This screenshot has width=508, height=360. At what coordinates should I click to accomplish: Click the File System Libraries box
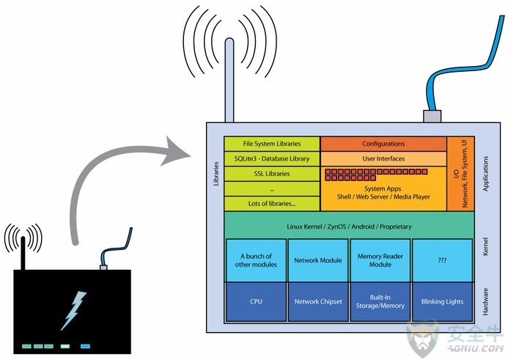tap(272, 144)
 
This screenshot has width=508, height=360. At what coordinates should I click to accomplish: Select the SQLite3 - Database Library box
tap(272, 159)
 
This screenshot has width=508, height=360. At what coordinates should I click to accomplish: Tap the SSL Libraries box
tap(272, 174)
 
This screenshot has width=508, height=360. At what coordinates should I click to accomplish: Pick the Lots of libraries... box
tap(272, 204)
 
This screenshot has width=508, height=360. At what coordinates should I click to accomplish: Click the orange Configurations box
tap(383, 144)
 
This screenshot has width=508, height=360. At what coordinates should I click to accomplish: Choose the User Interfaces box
tap(383, 159)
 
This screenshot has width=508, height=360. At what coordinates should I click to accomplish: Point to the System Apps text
tap(383, 188)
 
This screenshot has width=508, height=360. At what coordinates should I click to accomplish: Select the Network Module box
tap(318, 260)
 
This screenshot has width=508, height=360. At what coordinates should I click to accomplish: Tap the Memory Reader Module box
tap(380, 260)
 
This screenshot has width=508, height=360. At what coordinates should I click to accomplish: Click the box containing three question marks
tap(442, 260)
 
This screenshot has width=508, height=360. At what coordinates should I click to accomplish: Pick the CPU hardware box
tap(256, 301)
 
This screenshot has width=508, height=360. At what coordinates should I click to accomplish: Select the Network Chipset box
tap(318, 301)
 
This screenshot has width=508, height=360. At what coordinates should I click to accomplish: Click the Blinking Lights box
tap(442, 301)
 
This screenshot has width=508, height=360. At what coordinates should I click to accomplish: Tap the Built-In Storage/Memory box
tap(380, 301)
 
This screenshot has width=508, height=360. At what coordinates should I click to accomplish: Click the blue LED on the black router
tap(85, 346)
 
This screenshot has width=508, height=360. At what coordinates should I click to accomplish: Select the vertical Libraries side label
tap(216, 174)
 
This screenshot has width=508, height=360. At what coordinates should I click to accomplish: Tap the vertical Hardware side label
tap(485, 301)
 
